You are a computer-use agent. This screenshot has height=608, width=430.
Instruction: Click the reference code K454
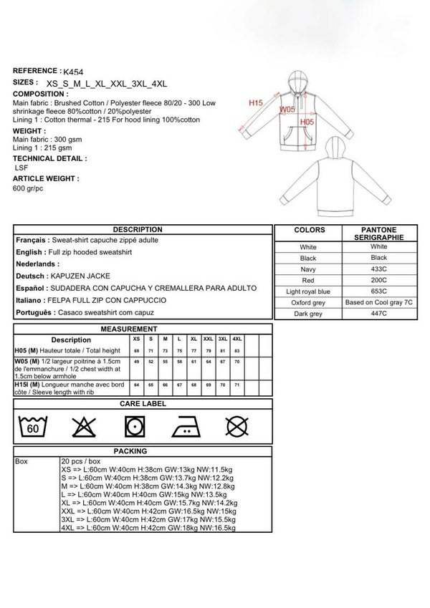(72, 72)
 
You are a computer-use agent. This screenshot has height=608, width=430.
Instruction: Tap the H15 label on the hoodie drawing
(256, 103)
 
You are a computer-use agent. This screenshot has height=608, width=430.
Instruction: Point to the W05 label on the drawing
(287, 110)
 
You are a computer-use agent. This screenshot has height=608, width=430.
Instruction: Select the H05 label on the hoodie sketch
(307, 122)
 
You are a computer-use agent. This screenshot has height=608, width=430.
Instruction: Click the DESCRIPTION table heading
(143, 230)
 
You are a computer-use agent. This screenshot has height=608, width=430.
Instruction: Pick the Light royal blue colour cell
(307, 291)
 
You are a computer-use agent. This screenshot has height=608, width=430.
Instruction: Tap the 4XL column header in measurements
(237, 339)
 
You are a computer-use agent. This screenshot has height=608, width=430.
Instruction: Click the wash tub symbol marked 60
(33, 427)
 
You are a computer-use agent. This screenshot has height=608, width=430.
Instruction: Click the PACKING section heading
(143, 451)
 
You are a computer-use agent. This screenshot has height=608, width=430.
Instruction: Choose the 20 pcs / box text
(81, 461)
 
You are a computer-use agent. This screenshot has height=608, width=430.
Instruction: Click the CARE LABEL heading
(143, 404)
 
